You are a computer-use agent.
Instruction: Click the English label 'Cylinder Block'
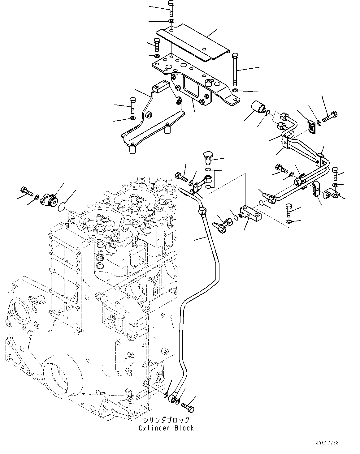166,428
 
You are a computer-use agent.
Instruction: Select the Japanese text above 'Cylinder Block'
166,420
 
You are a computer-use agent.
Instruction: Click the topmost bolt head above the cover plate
171,3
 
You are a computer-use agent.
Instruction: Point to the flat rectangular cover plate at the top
192,43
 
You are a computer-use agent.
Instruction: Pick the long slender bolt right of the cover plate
235,70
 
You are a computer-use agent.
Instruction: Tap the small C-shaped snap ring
268,115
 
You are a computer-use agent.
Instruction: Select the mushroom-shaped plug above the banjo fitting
207,156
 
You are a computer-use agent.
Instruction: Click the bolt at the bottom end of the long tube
188,406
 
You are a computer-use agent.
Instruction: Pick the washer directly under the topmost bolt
171,21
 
